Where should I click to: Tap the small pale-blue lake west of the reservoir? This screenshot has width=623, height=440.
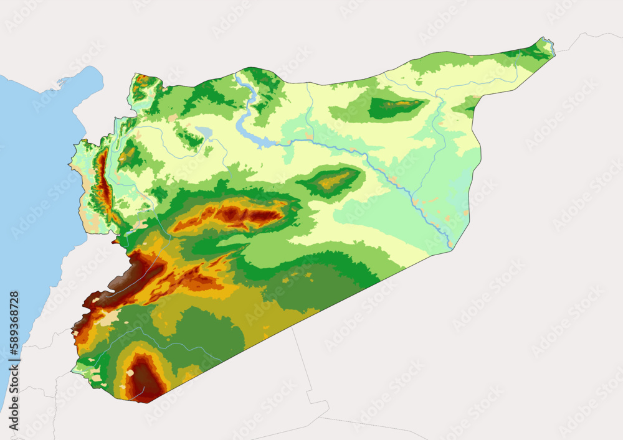[203, 131]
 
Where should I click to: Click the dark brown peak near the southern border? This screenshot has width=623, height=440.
[145, 377]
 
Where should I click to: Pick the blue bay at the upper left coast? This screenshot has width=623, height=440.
[84, 84]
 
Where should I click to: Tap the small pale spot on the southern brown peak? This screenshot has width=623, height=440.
[130, 373]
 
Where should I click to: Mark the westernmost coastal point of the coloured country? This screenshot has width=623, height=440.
[70, 165]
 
